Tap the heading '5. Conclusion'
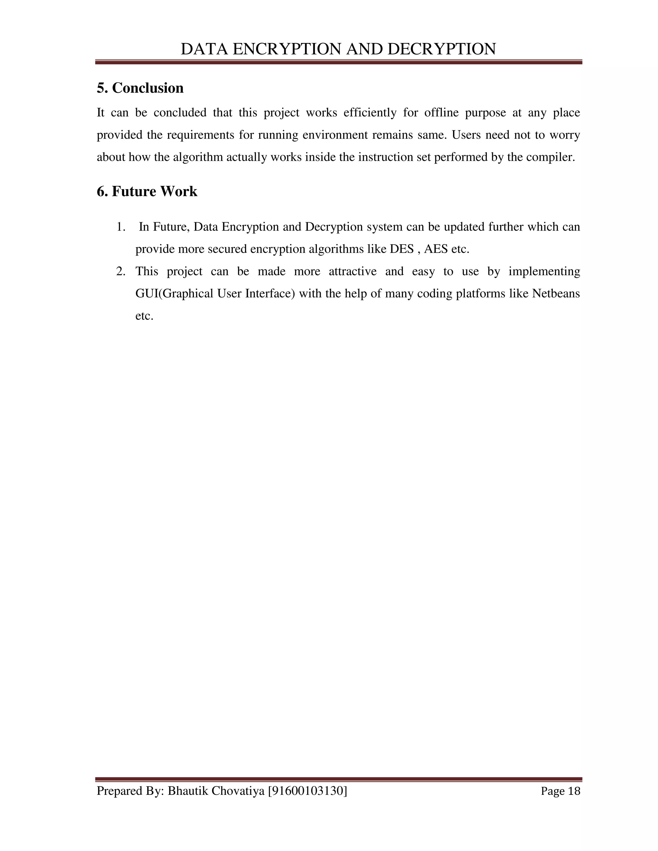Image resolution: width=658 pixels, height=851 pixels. (x=140, y=88)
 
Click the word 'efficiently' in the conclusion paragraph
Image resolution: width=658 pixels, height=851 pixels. (x=369, y=113)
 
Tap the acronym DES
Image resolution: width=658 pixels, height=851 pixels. (x=402, y=249)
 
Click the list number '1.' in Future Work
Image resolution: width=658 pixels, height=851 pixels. (x=121, y=227)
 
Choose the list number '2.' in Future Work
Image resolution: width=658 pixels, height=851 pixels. (x=121, y=271)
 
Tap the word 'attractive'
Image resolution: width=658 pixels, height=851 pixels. (x=352, y=271)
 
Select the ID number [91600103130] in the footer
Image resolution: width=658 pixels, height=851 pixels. (x=307, y=791)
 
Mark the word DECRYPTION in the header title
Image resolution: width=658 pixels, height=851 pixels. (x=442, y=49)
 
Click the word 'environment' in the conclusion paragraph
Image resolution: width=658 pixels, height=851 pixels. (x=336, y=135)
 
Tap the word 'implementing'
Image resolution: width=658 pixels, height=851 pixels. (x=544, y=271)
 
